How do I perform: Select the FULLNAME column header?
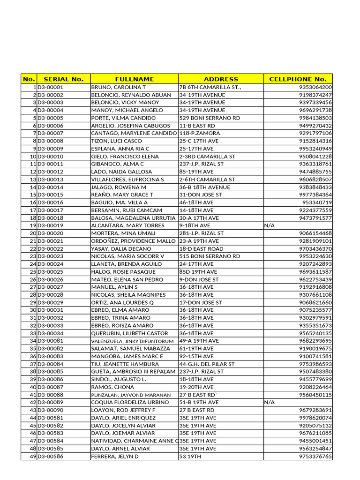[x=134, y=79]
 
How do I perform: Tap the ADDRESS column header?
[x=221, y=79]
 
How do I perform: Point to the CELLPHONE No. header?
[x=298, y=79]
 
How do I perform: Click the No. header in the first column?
[x=29, y=79]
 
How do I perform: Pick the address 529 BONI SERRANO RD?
[x=210, y=118]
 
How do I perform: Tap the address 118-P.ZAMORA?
[x=199, y=133]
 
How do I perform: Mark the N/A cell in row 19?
[x=270, y=225]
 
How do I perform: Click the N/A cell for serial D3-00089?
[x=270, y=402]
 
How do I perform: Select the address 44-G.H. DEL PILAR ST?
[x=207, y=364]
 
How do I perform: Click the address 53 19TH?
[x=189, y=456]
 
